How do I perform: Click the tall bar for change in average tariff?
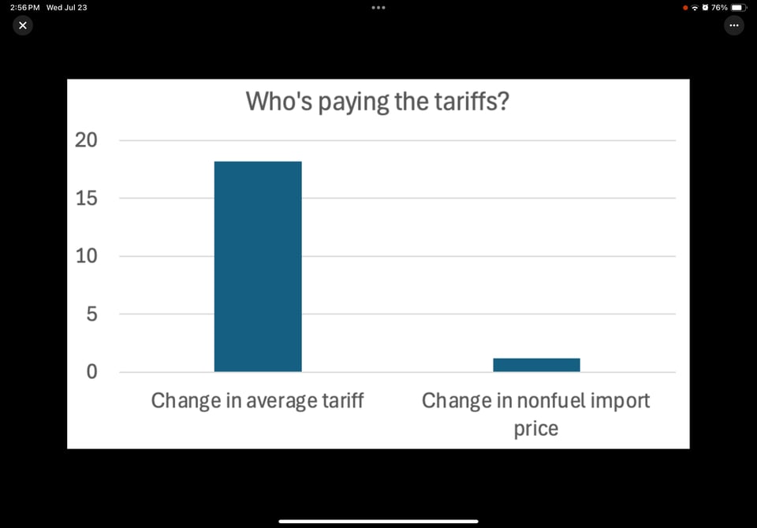[x=258, y=266]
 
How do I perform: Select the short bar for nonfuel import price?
[x=536, y=365]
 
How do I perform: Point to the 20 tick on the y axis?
[x=86, y=140]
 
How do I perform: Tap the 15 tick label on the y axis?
[x=86, y=199]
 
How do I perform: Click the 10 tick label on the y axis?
[x=86, y=256]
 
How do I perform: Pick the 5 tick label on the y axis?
[x=91, y=314]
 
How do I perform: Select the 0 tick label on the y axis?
[x=91, y=372]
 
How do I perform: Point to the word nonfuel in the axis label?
[x=546, y=400]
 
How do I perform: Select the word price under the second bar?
[x=536, y=429]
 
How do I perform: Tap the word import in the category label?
[x=618, y=401]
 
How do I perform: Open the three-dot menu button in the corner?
[x=734, y=25]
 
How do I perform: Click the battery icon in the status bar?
[x=738, y=7]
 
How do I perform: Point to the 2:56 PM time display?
[x=24, y=7]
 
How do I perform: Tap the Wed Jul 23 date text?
[x=67, y=7]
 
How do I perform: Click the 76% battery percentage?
[x=719, y=7]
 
